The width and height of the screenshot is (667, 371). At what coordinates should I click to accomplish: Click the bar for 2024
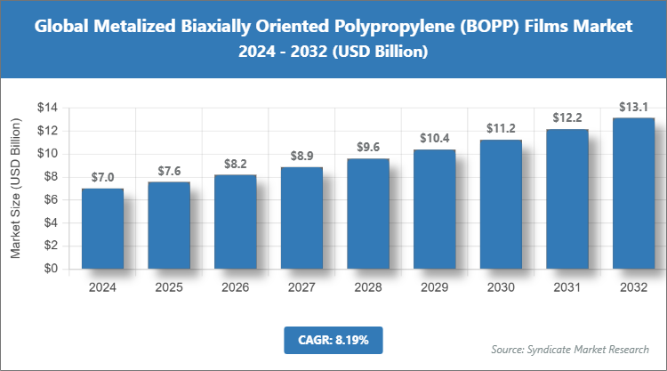[102, 228]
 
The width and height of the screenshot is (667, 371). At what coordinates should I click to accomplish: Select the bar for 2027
[301, 217]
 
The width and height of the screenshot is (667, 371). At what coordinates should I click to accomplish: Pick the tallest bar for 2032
[633, 193]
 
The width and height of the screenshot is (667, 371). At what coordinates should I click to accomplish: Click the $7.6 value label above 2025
[169, 171]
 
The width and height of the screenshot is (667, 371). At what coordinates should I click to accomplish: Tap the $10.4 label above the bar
[434, 139]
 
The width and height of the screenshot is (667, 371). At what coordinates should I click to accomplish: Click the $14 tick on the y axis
[47, 108]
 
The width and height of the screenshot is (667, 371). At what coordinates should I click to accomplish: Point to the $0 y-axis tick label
[51, 269]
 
